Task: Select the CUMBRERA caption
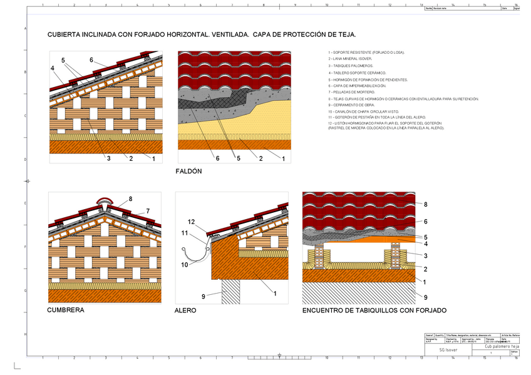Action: click(66, 309)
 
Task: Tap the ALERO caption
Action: click(185, 311)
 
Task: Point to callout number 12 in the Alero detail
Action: click(192, 222)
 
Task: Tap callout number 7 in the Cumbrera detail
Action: click(148, 210)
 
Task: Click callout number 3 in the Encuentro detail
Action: click(425, 255)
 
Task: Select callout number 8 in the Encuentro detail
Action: click(425, 205)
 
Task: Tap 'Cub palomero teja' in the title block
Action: click(502, 346)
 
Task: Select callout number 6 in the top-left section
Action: click(91, 60)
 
